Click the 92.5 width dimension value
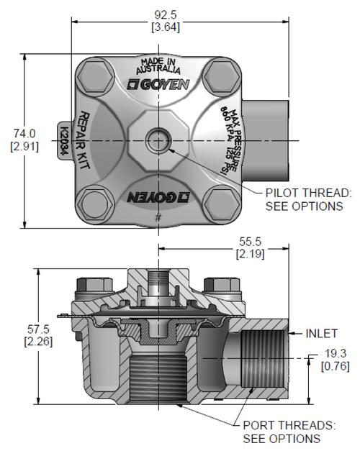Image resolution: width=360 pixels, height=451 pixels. pyautogui.click(x=166, y=15)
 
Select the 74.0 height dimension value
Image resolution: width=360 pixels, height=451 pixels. pyautogui.click(x=24, y=134)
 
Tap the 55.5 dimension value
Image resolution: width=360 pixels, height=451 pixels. pyautogui.click(x=251, y=241)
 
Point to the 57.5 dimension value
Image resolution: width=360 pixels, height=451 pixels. pyautogui.click(x=38, y=329)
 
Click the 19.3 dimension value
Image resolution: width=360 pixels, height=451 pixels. pyautogui.click(x=336, y=353)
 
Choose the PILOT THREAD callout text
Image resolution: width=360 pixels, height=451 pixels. pyautogui.click(x=308, y=199)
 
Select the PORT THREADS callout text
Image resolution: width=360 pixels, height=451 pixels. pyautogui.click(x=289, y=432)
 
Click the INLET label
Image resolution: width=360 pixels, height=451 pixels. pyautogui.click(x=321, y=334)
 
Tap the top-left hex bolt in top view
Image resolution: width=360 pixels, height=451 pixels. pyautogui.click(x=95, y=76)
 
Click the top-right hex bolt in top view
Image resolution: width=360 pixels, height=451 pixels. pyautogui.click(x=222, y=76)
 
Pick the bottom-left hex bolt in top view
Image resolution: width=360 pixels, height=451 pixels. pyautogui.click(x=95, y=204)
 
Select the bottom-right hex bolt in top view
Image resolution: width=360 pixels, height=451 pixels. pyautogui.click(x=222, y=204)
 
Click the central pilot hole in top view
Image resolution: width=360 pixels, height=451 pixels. pyautogui.click(x=158, y=141)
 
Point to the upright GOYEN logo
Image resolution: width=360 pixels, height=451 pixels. pyautogui.click(x=158, y=84)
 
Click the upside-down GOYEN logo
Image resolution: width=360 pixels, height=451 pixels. pyautogui.click(x=158, y=197)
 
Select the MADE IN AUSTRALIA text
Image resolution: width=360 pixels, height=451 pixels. pyautogui.click(x=158, y=66)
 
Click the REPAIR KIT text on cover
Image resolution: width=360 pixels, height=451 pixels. pyautogui.click(x=84, y=140)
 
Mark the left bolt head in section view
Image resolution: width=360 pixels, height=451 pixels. pyautogui.click(x=94, y=285)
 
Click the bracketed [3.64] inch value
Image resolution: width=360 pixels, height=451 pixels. pyautogui.click(x=166, y=27)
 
